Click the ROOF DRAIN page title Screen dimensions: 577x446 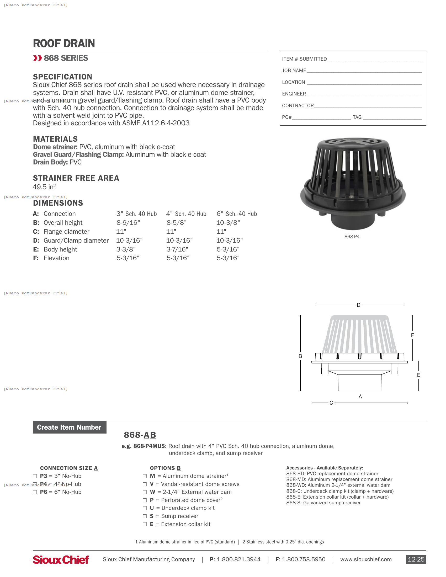click(x=64, y=43)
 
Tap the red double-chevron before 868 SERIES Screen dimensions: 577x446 click(x=38, y=58)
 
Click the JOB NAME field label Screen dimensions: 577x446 click(x=294, y=71)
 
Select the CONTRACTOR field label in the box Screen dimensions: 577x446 click(x=298, y=106)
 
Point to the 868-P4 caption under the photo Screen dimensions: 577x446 click(x=352, y=237)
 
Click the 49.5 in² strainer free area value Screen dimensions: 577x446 click(x=44, y=187)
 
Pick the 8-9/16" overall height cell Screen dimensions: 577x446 click(x=128, y=223)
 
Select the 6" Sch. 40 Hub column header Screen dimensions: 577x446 click(x=236, y=214)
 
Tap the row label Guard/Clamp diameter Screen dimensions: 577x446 click(x=76, y=241)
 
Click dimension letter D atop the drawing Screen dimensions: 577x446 click(x=358, y=305)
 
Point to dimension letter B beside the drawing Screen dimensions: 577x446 click(x=300, y=356)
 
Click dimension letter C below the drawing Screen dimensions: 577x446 click(x=331, y=403)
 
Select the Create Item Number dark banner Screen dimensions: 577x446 click(x=70, y=427)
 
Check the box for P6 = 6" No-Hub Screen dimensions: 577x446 click(x=35, y=492)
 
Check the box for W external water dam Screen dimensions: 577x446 click(x=145, y=492)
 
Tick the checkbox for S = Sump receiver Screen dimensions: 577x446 click(x=145, y=516)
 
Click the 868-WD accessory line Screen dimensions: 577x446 click(x=338, y=485)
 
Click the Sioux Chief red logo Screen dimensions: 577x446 click(x=61, y=560)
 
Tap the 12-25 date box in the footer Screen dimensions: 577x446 click(x=416, y=559)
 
